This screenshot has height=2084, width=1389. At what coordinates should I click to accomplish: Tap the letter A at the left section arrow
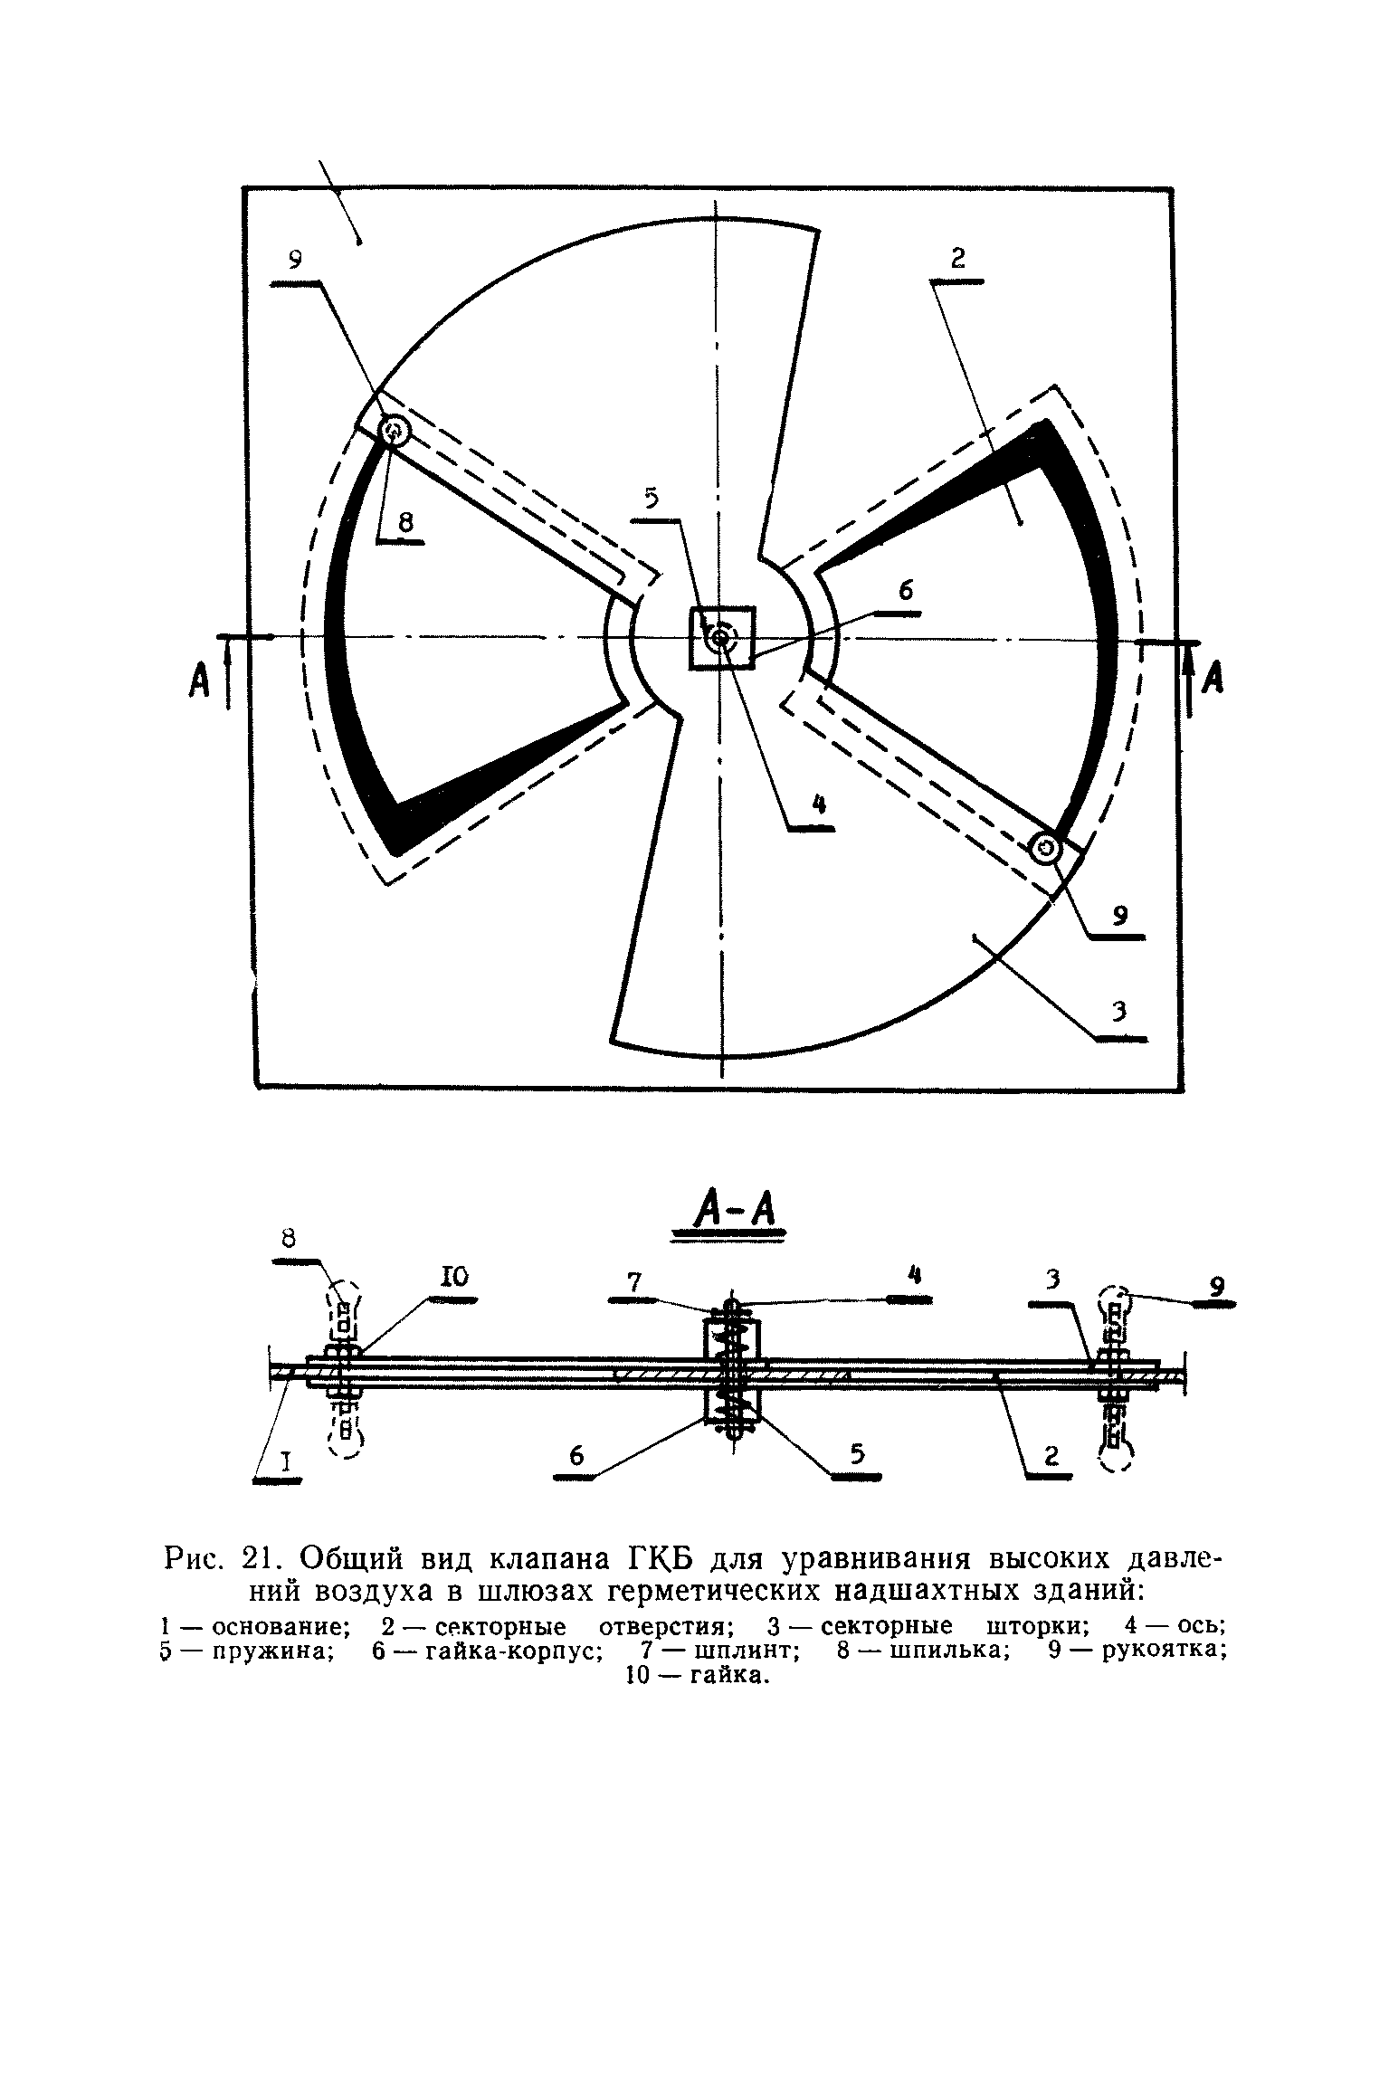[199, 679]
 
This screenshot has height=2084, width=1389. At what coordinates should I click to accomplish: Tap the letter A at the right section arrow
[1213, 676]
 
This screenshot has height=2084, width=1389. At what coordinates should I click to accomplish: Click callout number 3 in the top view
[1119, 1012]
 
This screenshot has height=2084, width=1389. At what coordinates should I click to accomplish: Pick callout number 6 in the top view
[906, 590]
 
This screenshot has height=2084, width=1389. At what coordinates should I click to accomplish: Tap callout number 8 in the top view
[404, 522]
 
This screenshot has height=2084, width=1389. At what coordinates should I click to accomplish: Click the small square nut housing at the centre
[721, 638]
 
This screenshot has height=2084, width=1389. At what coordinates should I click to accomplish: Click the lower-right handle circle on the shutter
[1047, 849]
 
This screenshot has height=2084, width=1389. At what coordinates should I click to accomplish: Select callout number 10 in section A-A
[453, 1277]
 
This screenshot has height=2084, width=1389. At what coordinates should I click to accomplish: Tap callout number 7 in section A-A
[633, 1281]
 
